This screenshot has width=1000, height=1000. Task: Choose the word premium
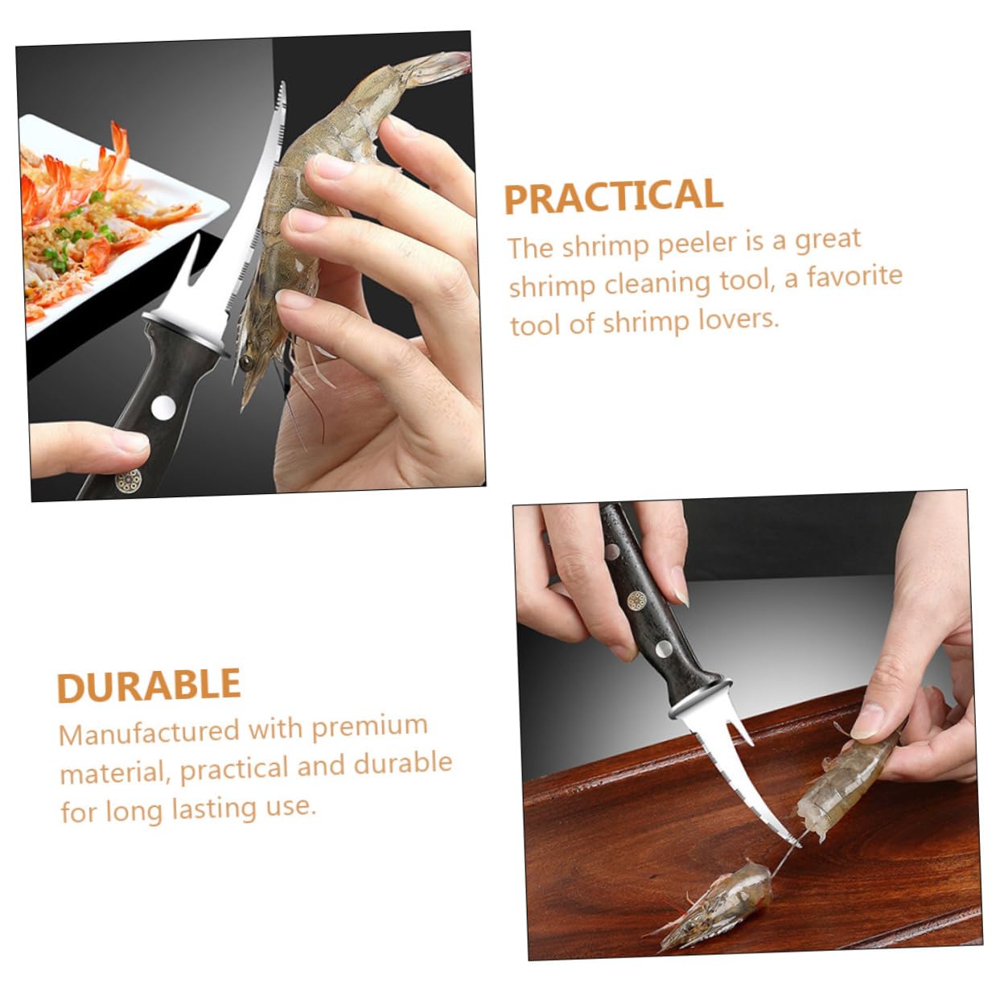coord(369,726)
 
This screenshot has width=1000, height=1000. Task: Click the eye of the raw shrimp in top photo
coord(245,364)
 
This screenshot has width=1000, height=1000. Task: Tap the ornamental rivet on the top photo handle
coord(128,480)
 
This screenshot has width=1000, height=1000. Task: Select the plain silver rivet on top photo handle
coord(164,407)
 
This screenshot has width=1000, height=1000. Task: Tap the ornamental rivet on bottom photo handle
coord(636,600)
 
